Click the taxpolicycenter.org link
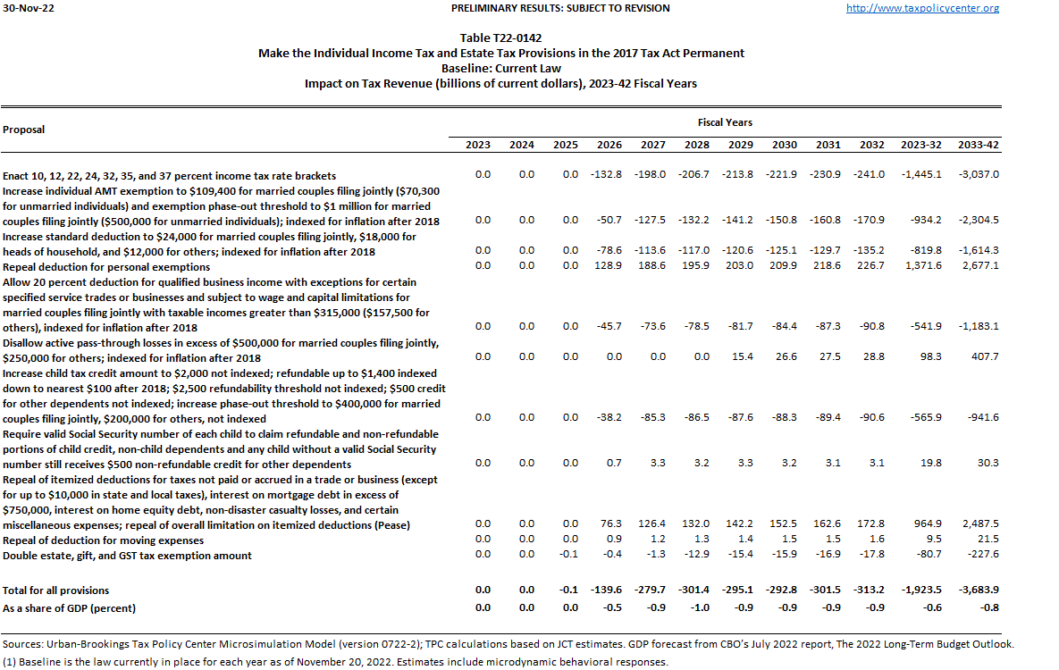[922, 8]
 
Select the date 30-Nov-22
[25, 8]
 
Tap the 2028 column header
[697, 145]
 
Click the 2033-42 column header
[978, 145]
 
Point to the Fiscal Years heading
[725, 122]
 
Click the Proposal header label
[24, 130]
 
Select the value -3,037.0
[978, 174]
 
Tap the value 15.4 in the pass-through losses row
[742, 356]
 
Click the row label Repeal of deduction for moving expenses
[104, 540]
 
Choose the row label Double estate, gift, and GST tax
[128, 556]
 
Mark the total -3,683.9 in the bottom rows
[978, 590]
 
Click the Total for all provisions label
[56, 590]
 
